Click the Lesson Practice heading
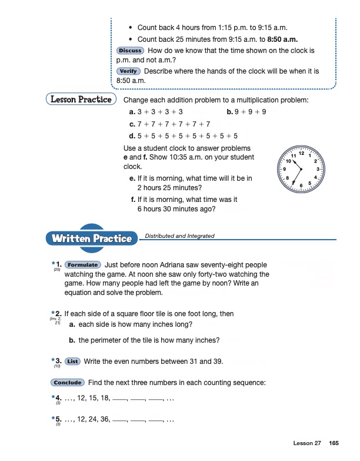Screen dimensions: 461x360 (81, 100)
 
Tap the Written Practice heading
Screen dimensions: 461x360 (91, 238)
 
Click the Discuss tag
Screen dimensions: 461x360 (129, 51)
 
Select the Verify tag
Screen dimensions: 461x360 (128, 71)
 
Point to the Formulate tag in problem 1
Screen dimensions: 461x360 (82, 265)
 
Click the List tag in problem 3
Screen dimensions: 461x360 (73, 361)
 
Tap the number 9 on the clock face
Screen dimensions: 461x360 (285, 170)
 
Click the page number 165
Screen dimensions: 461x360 (334, 443)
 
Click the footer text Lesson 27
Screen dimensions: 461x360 (308, 443)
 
